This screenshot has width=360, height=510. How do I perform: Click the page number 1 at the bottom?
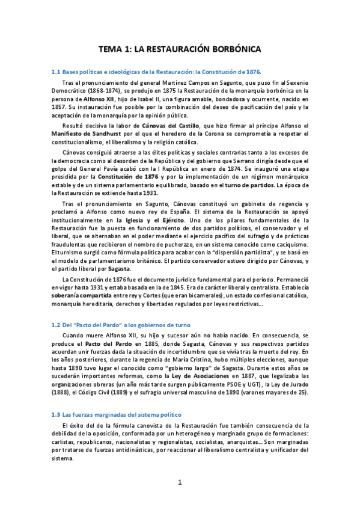(x=180, y=482)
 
